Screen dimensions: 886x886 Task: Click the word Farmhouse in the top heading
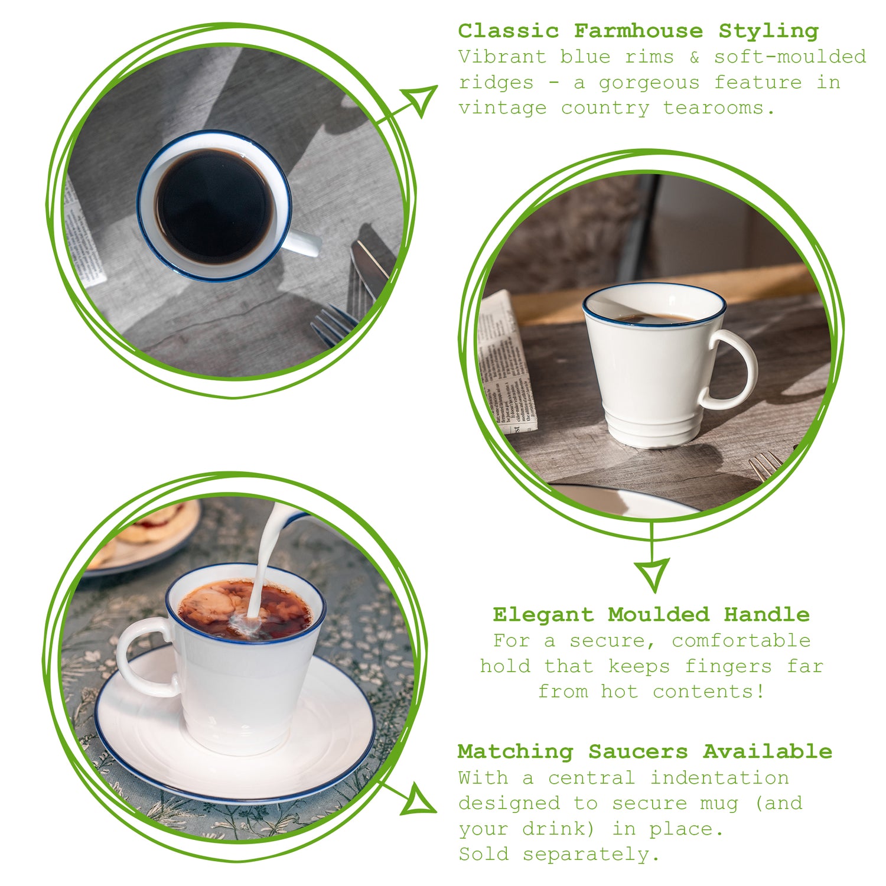tap(638, 31)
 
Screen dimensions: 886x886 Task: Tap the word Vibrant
tap(501, 57)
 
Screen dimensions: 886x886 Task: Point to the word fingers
tap(728, 666)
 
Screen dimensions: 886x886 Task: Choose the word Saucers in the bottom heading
tap(638, 752)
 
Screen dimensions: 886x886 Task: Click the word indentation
tap(719, 778)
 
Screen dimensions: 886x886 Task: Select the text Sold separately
tap(558, 854)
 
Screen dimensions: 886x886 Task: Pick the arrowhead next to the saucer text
tap(418, 800)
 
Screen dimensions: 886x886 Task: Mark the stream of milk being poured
tap(263, 567)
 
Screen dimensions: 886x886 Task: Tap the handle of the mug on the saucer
tap(142, 656)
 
